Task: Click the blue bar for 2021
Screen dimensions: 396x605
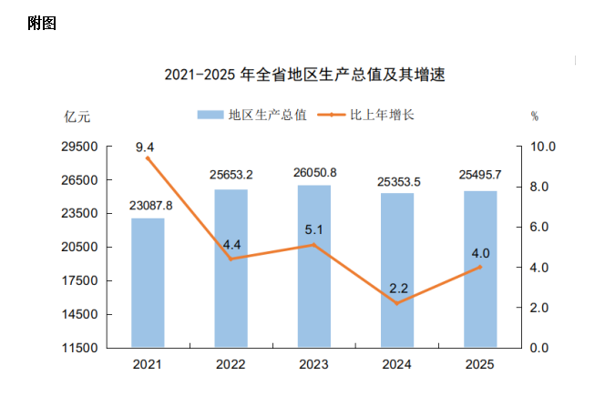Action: (148, 282)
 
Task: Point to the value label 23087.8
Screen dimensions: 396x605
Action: (148, 205)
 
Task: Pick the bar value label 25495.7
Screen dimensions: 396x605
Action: (480, 176)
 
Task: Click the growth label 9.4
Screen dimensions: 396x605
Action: (144, 146)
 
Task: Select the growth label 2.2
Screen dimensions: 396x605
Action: (398, 289)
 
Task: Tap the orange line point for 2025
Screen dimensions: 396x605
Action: (480, 268)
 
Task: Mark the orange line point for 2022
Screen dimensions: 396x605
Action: (231, 259)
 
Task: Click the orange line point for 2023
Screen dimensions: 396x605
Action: (314, 245)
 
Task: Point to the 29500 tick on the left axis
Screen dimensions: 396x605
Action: (79, 147)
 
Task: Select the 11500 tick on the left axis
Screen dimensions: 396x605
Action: (79, 348)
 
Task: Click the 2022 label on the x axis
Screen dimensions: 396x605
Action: (231, 365)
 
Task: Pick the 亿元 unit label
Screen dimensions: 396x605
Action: (77, 117)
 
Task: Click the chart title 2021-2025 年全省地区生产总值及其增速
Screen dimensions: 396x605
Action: (309, 75)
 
